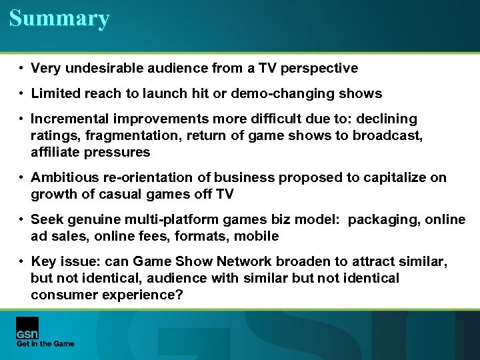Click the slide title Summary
[59, 18]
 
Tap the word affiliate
[57, 152]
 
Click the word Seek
[46, 219]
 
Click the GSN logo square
[27, 328]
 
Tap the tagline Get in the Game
[45, 344]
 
